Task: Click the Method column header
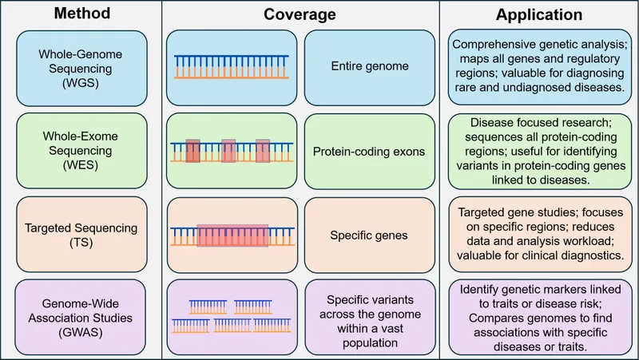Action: (x=81, y=14)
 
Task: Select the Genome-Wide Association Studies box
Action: (x=80, y=315)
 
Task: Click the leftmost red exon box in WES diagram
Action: (x=192, y=150)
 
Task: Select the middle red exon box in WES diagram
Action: (x=228, y=150)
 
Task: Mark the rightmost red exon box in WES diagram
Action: (x=264, y=150)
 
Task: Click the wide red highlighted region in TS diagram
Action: (x=233, y=234)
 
